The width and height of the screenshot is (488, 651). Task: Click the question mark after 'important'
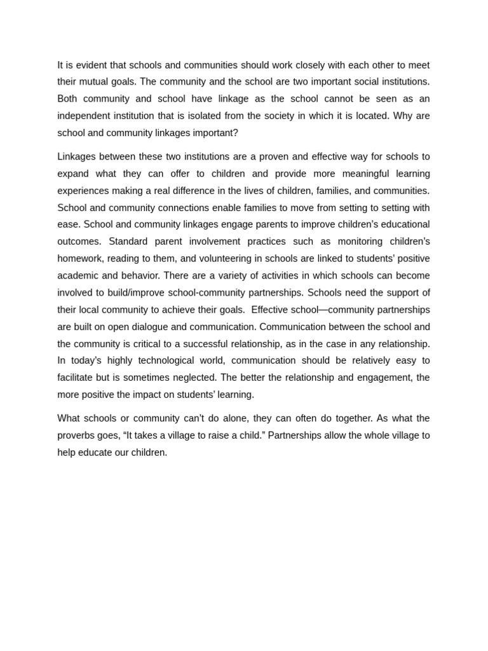pos(236,133)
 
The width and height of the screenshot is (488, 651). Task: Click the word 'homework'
pos(79,259)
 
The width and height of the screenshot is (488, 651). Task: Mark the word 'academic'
pos(78,275)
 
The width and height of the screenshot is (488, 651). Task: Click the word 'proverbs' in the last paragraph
pos(77,435)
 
